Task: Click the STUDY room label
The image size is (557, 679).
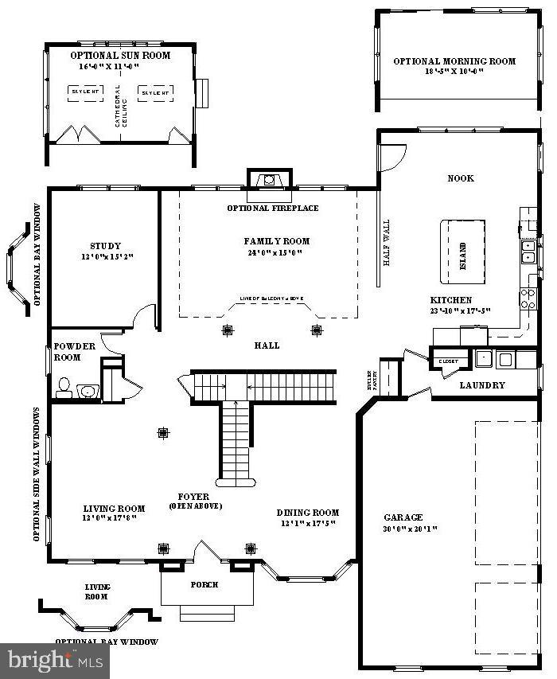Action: pos(106,247)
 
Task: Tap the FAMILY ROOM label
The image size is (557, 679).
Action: pos(276,241)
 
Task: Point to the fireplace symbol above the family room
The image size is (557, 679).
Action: pos(271,179)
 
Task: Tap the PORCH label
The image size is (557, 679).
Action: pos(204,585)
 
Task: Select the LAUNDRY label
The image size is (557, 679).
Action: pos(482,385)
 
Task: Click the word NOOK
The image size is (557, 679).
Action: pos(461,178)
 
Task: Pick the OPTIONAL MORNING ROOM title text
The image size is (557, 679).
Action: pos(454,61)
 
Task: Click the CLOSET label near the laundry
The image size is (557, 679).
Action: pos(448,361)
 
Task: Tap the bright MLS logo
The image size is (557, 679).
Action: pos(55,660)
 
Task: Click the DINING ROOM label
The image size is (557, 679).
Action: pos(307,513)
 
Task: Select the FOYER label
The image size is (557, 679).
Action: pos(194,497)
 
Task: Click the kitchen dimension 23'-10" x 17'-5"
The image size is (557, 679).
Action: pos(460,310)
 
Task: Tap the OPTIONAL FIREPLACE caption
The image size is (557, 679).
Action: pos(272,209)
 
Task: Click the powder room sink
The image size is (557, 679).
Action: pos(87,390)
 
